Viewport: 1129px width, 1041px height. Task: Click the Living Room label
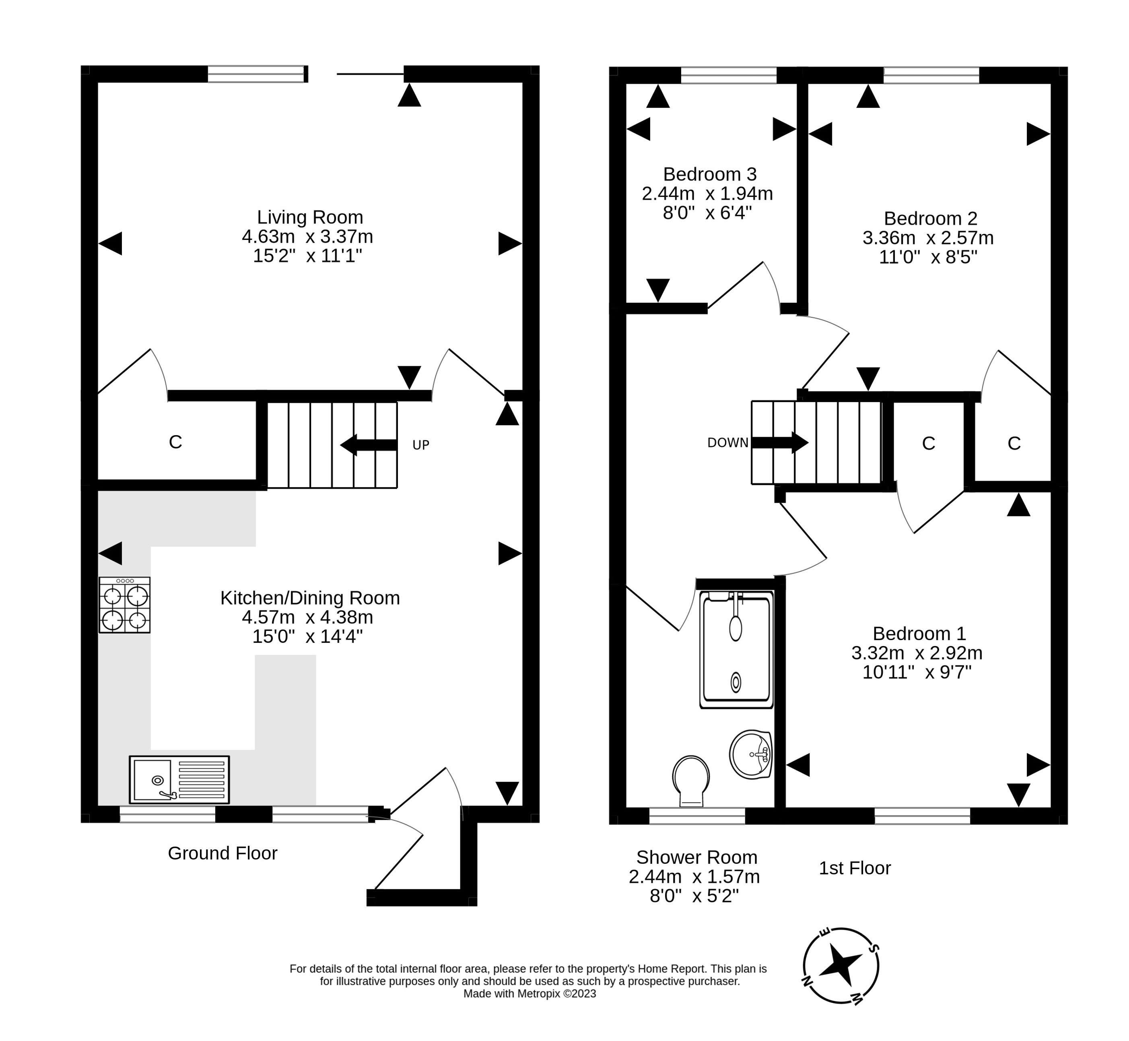click(x=310, y=217)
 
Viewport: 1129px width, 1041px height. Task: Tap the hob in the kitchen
click(x=124, y=605)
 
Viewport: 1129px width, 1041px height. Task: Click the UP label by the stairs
click(x=420, y=445)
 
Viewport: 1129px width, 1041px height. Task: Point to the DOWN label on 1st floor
click(x=727, y=443)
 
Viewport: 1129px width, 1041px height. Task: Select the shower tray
click(x=736, y=649)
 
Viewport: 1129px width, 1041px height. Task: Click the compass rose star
click(x=840, y=965)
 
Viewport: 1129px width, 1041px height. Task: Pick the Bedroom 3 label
click(x=709, y=174)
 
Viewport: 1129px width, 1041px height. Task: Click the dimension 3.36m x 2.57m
click(x=928, y=238)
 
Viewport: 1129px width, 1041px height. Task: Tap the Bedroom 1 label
click(x=919, y=634)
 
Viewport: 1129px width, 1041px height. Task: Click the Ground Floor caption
click(x=223, y=853)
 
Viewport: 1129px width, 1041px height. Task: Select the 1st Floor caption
click(x=854, y=868)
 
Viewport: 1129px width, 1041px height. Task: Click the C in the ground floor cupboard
click(x=175, y=442)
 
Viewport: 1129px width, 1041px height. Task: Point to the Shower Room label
click(x=696, y=857)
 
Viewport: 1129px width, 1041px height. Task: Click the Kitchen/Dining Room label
click(x=310, y=598)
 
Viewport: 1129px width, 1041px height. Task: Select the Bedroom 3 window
click(x=729, y=75)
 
